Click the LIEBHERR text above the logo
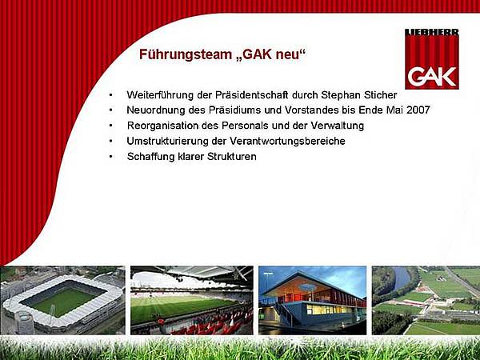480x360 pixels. [432, 32]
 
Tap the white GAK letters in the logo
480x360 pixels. [432, 77]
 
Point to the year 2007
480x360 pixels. [418, 110]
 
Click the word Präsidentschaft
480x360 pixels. [252, 95]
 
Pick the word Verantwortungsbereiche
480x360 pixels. [287, 141]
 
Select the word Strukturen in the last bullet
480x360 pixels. [232, 157]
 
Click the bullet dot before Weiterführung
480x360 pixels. [110, 95]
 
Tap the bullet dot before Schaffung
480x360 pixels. [110, 157]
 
